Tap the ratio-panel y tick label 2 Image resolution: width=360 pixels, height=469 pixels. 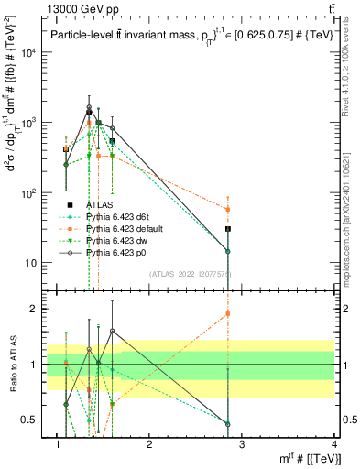34,309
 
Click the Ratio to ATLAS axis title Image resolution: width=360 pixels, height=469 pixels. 11,364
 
